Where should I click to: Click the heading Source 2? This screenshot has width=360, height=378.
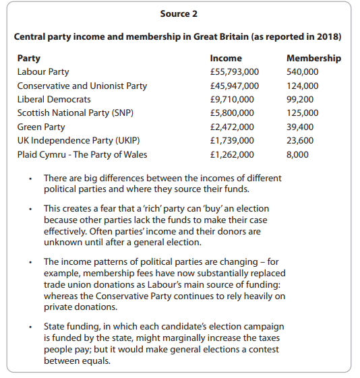tap(179, 13)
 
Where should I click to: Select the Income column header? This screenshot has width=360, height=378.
tap(226, 58)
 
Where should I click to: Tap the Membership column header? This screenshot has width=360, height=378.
tap(313, 58)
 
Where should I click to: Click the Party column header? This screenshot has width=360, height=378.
tap(28, 58)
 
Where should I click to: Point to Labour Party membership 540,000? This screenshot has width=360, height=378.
tap(303, 72)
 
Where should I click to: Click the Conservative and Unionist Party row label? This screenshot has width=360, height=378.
tap(82, 86)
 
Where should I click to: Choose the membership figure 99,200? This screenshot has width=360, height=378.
tap(300, 99)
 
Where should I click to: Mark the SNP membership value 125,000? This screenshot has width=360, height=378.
tap(303, 113)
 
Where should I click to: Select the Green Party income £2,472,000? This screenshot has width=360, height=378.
tap(232, 127)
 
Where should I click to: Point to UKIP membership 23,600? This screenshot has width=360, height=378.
tap(300, 140)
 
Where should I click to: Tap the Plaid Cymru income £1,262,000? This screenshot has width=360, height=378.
tap(232, 154)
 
